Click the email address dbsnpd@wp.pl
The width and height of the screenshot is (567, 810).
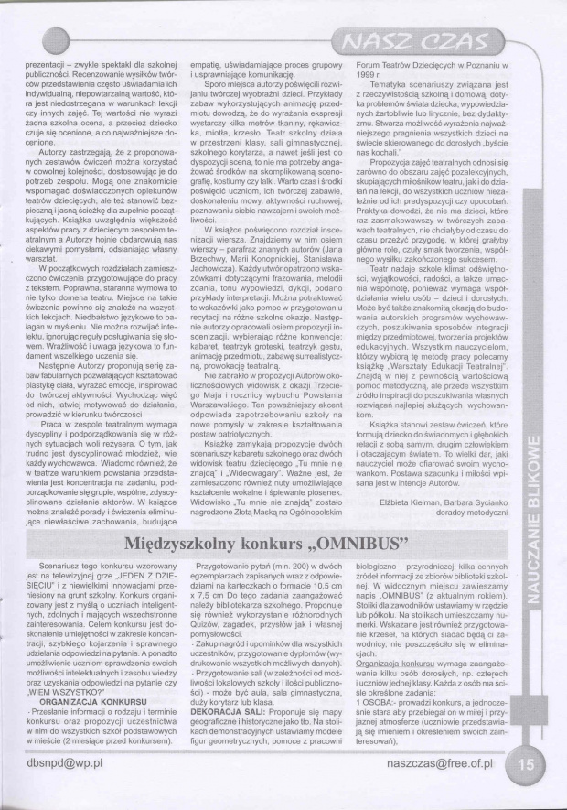(x=56, y=786)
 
